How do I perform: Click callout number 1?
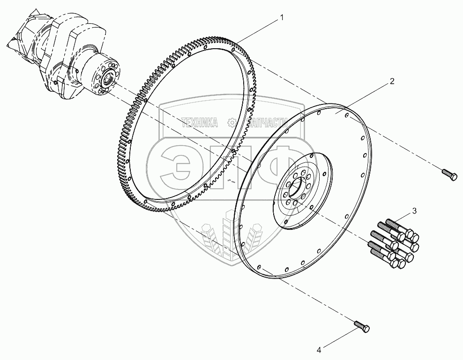click(282, 18)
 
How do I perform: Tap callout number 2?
click(392, 81)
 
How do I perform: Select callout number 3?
click(414, 210)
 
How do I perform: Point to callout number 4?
click(319, 349)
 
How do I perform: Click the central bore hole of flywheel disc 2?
click(296, 190)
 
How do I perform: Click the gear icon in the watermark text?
click(231, 123)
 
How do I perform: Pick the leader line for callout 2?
click(366, 96)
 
